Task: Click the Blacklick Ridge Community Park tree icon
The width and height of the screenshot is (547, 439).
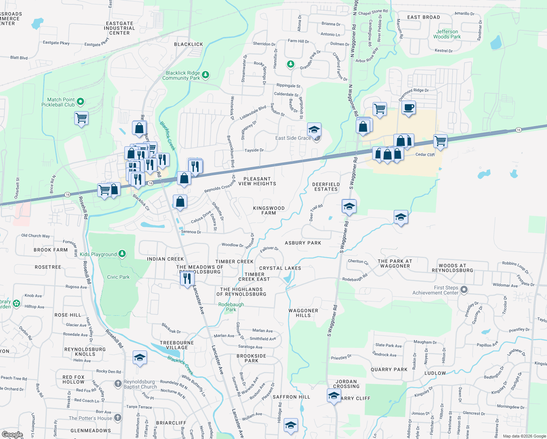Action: pyautogui.click(x=205, y=75)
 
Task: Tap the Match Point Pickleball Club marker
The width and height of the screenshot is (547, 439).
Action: pyautogui.click(x=80, y=101)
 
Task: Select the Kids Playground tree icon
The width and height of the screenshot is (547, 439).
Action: pyautogui.click(x=122, y=254)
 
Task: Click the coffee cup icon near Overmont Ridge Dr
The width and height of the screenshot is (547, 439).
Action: pyautogui.click(x=408, y=108)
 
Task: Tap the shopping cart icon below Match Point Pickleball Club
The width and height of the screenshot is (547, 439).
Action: pyautogui.click(x=81, y=119)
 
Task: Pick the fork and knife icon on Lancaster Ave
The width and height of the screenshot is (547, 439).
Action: pyautogui.click(x=186, y=278)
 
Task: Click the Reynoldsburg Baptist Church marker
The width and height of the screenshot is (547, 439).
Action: pyautogui.click(x=118, y=383)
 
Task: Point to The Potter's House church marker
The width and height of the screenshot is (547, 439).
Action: pyautogui.click(x=117, y=417)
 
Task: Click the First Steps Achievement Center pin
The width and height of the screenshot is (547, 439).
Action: pyautogui.click(x=464, y=290)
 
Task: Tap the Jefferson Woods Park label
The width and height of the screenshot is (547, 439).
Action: pyautogui.click(x=447, y=34)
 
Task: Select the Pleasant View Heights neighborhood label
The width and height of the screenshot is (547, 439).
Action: pyautogui.click(x=257, y=181)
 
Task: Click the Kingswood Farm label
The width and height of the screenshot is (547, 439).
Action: pyautogui.click(x=269, y=210)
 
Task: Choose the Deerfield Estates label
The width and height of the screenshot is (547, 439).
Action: pyautogui.click(x=326, y=187)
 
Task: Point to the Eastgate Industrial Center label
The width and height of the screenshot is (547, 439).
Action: pyautogui.click(x=120, y=28)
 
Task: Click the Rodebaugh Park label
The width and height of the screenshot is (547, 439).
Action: pyautogui.click(x=231, y=307)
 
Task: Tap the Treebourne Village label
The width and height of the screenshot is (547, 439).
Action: pyautogui.click(x=177, y=345)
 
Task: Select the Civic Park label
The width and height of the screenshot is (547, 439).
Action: pyautogui.click(x=118, y=277)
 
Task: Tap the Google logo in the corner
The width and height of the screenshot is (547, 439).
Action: pyautogui.click(x=12, y=434)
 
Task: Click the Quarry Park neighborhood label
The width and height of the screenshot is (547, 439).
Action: pyautogui.click(x=389, y=369)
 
